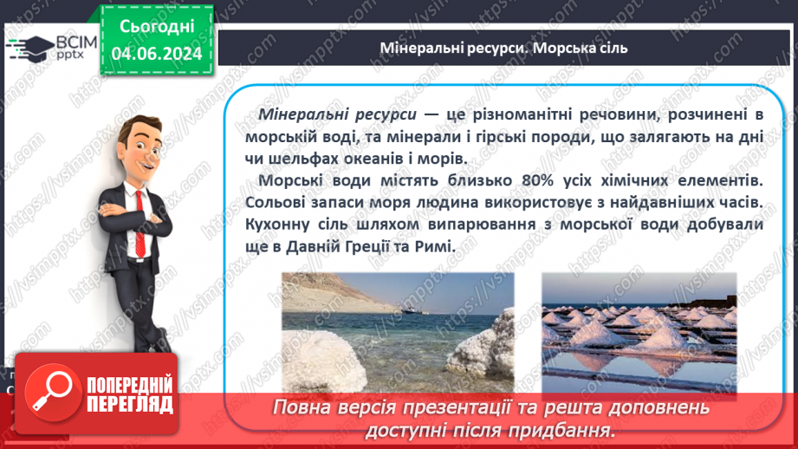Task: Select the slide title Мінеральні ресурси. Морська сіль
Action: point(503,48)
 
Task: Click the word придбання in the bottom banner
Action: point(568,430)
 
